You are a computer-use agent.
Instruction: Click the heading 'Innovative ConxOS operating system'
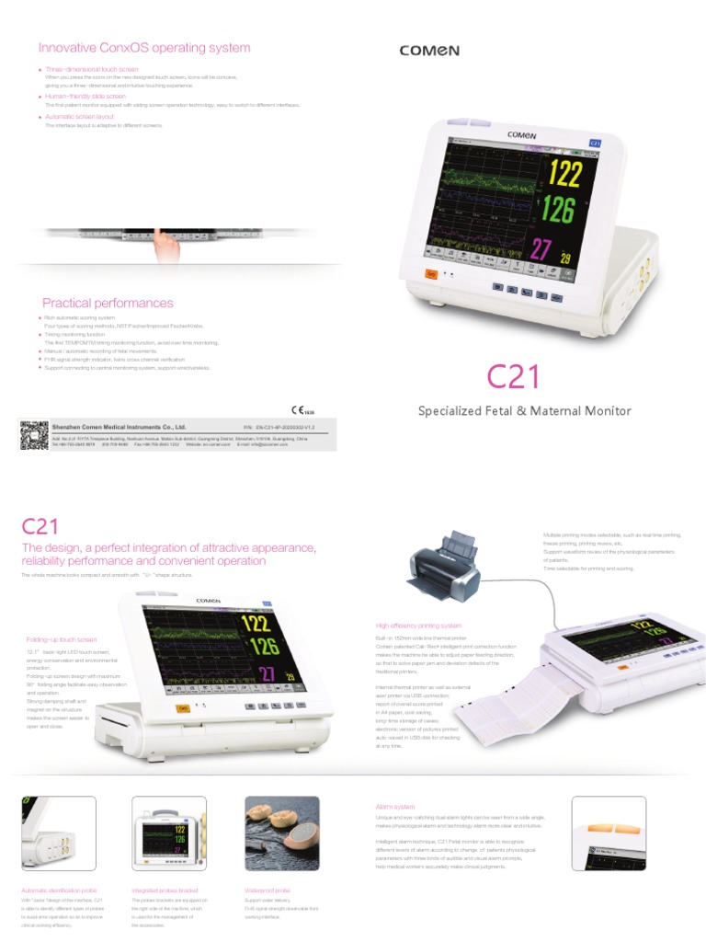click(143, 48)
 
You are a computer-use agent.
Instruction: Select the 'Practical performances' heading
click(108, 303)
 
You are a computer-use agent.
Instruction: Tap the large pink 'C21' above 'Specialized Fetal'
click(513, 376)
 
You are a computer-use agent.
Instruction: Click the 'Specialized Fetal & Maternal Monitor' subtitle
click(525, 411)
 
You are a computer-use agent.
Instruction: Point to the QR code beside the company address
click(33, 434)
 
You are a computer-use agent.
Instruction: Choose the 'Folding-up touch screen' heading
click(61, 639)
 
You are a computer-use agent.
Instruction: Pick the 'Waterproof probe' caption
click(268, 890)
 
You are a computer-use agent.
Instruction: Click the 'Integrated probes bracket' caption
click(165, 890)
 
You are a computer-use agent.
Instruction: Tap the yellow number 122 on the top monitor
click(564, 172)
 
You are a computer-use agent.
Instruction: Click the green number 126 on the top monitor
click(558, 210)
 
